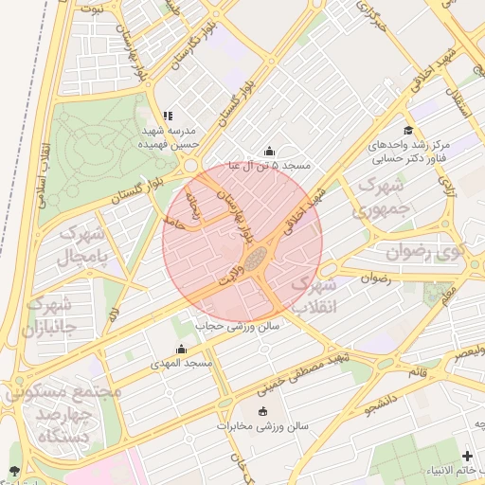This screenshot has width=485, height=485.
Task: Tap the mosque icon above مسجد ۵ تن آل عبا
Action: [x=269, y=151]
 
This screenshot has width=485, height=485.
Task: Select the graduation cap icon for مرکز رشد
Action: [x=408, y=131]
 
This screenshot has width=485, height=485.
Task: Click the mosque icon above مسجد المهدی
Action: [x=181, y=350]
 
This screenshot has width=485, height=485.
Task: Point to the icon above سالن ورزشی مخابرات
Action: [x=262, y=411]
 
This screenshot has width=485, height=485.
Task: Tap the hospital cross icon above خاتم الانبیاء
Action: [x=467, y=456]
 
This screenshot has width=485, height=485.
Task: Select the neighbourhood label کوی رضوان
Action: [x=425, y=252]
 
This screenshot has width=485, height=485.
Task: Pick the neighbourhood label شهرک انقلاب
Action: [x=313, y=295]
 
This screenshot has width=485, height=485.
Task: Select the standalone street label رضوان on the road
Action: [x=376, y=279]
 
